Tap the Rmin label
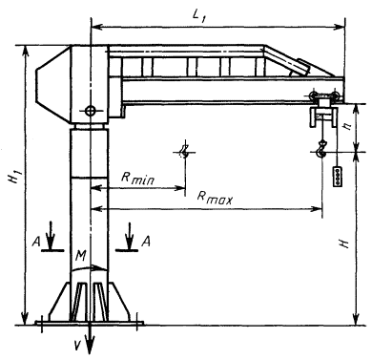coord(137,178)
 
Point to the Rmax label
coord(215,197)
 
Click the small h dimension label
coord(348,126)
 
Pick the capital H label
coord(344,244)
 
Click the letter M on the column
coord(81,256)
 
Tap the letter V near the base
coord(76,345)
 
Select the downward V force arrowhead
coord(90,345)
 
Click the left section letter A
coord(36,243)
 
